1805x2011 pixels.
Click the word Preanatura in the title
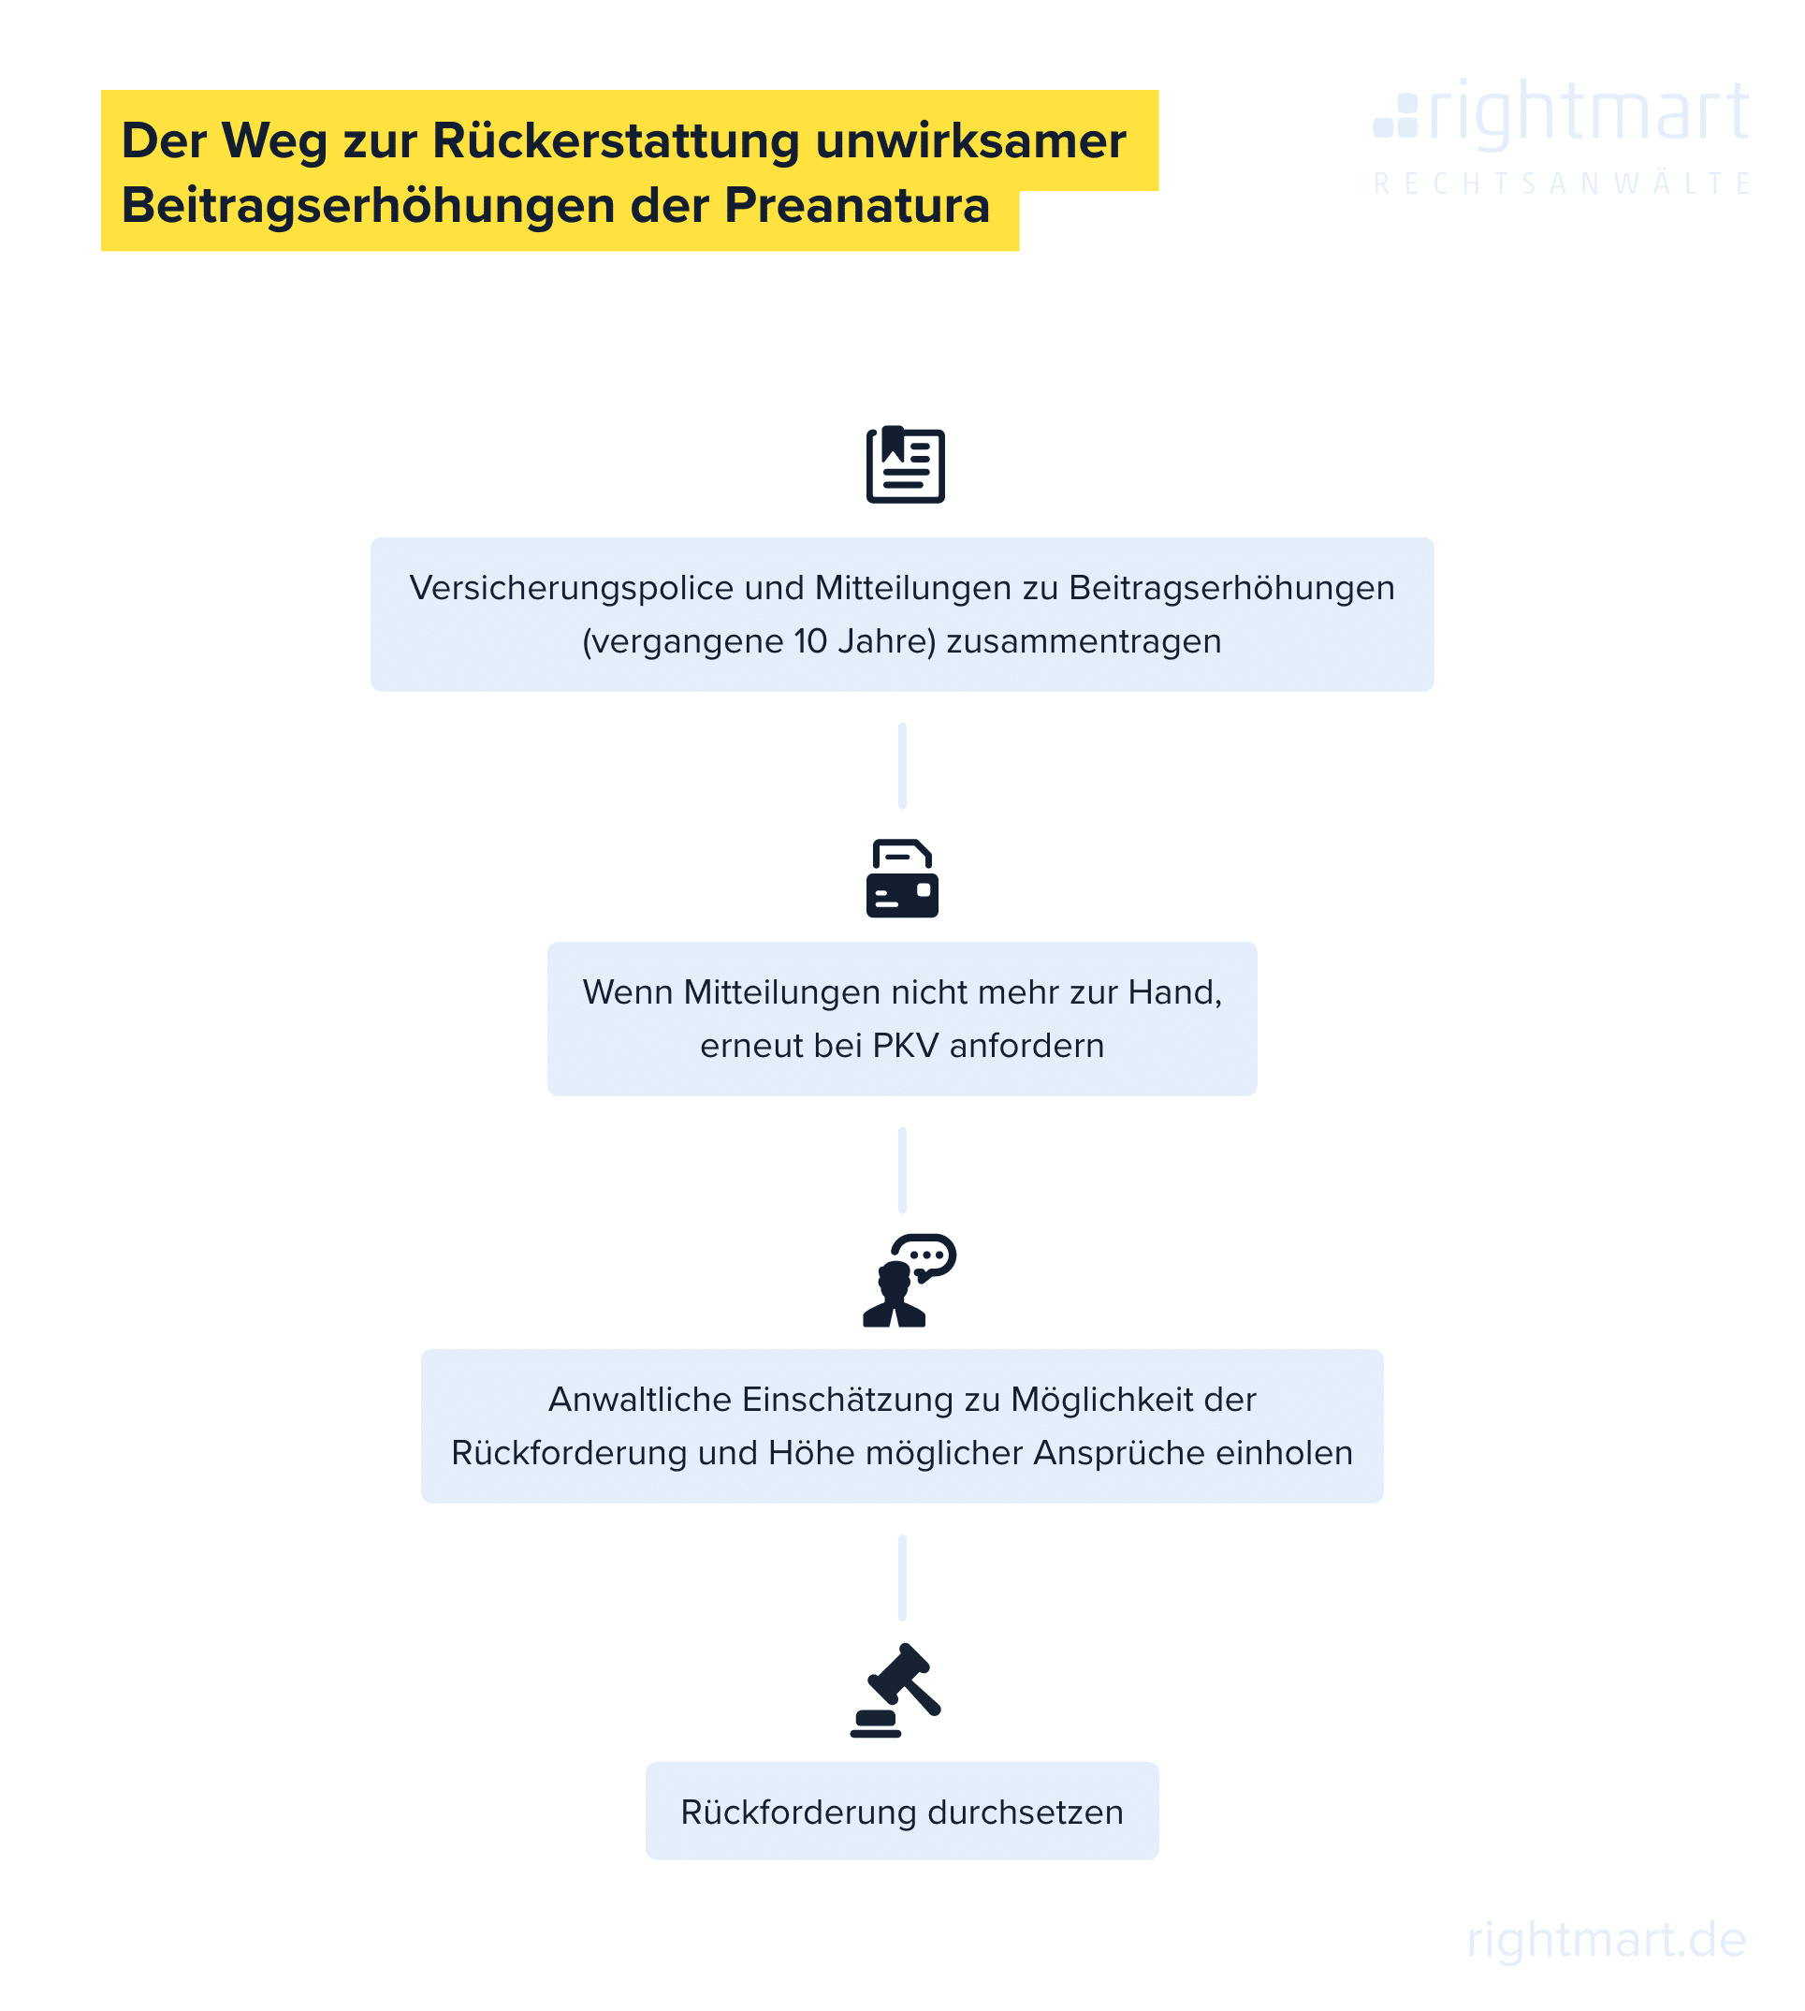pos(857,205)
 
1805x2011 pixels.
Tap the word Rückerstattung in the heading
pos(616,139)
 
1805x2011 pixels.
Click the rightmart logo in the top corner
pos(1561,115)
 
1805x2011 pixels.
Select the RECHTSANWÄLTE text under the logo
pos(1562,183)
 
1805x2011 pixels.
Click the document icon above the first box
pos(906,464)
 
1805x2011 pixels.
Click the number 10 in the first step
pos(810,641)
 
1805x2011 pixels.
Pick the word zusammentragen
pos(1083,643)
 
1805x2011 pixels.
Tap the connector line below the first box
pos(901,766)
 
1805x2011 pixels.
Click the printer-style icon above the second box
pos(901,878)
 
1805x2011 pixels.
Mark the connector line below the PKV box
pos(901,1170)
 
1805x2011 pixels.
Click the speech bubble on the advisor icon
pos(924,1258)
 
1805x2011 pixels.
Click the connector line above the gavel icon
pos(901,1578)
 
